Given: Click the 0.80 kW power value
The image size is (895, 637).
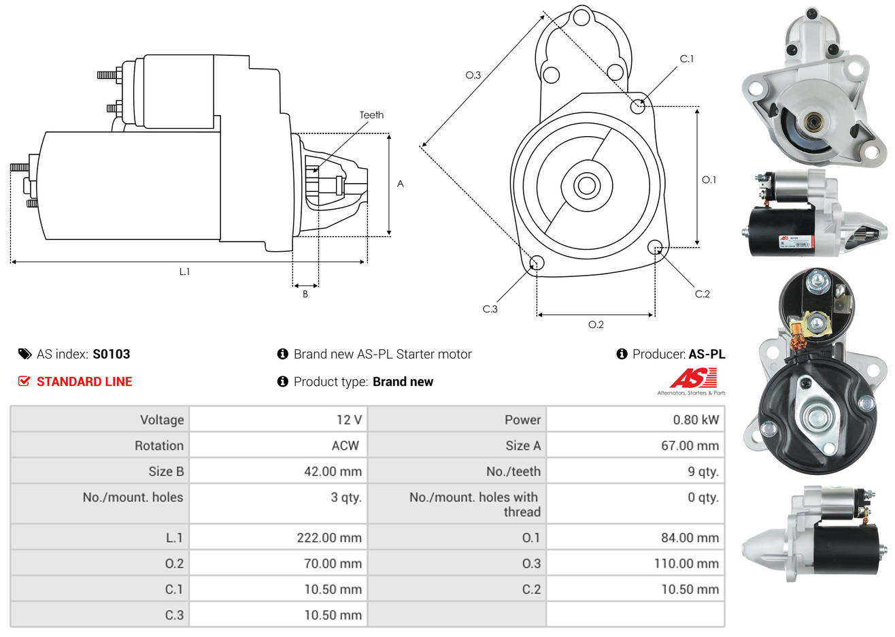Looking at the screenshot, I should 695,420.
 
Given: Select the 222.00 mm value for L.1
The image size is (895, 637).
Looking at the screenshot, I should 329,538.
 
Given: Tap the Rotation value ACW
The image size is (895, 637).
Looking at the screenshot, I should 345,446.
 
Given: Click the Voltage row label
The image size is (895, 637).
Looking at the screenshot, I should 162,420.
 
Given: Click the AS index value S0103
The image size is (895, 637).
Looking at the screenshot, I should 111,354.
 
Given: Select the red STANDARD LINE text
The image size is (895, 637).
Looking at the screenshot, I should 84,382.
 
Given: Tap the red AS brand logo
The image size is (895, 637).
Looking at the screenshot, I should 693,378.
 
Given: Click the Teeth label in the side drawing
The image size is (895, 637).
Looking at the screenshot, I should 371,115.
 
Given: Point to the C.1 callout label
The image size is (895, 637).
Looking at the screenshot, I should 687,59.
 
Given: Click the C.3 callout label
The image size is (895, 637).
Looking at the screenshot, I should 490,309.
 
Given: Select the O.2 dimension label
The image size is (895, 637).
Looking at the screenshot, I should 596,325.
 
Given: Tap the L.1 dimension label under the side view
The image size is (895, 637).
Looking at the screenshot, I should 184,272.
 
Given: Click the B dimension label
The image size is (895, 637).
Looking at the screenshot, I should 305,294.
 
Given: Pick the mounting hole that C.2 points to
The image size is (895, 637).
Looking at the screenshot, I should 655,246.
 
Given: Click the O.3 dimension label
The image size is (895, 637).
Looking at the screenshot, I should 473,75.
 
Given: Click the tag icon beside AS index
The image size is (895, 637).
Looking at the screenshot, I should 24,354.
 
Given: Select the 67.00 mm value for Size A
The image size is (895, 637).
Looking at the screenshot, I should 690,446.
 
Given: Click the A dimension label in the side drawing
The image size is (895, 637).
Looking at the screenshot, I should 401,184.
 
